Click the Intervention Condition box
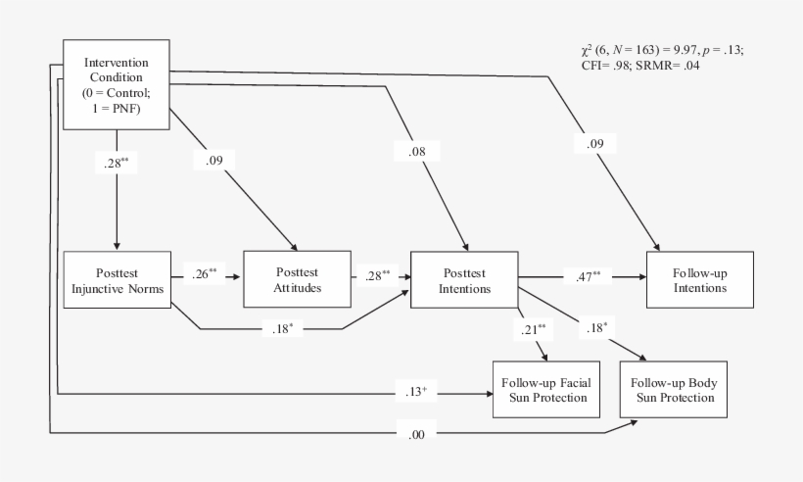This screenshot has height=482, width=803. pyautogui.click(x=117, y=84)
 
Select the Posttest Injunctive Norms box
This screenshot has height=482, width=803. pyautogui.click(x=117, y=280)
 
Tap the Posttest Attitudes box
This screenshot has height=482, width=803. pyautogui.click(x=296, y=280)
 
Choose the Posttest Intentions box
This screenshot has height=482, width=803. pyautogui.click(x=464, y=280)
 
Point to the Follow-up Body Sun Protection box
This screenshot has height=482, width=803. pyautogui.click(x=673, y=389)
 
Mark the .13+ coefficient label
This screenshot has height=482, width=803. pyautogui.click(x=416, y=393)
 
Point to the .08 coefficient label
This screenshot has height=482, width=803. pyautogui.click(x=416, y=151)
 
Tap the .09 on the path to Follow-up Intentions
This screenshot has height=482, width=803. pyautogui.click(x=594, y=146)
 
